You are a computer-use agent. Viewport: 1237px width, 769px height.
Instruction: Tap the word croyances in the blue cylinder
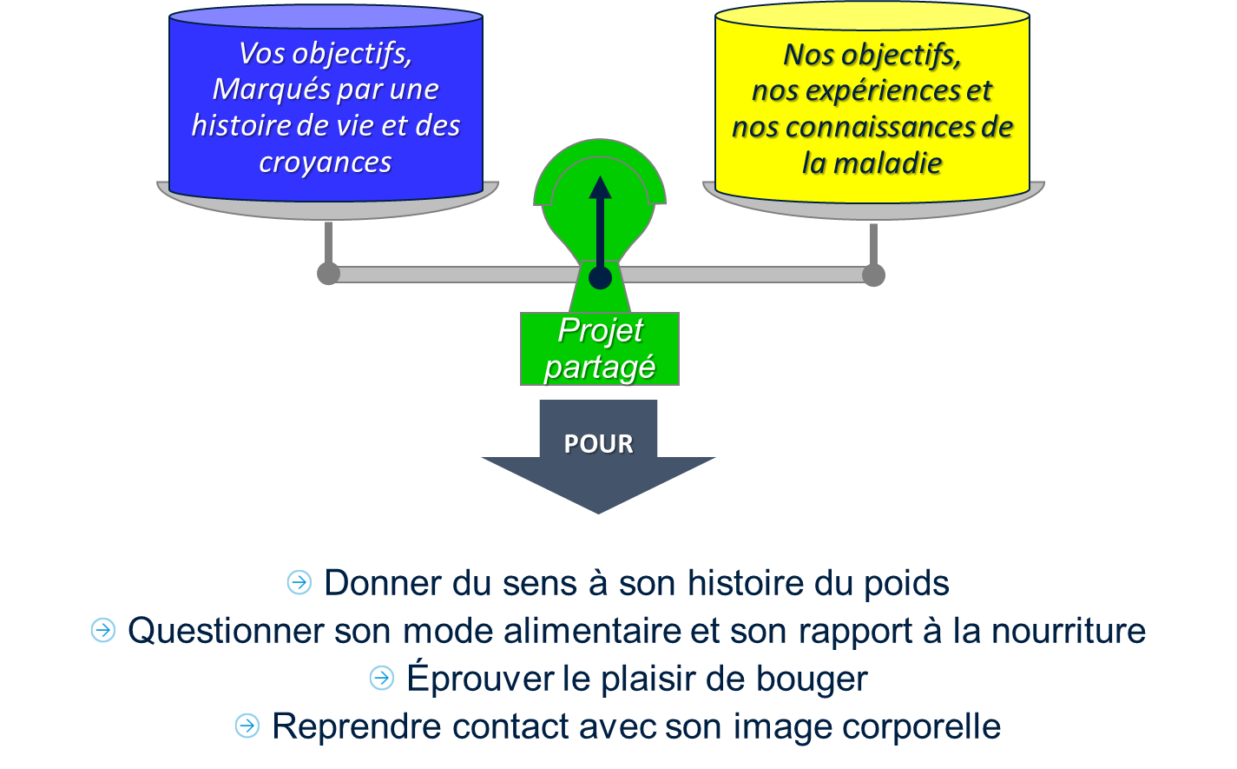[326, 162]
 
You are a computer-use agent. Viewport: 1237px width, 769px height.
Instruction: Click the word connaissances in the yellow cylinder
[893, 127]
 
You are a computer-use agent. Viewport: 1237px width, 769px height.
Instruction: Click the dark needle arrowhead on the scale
[600, 188]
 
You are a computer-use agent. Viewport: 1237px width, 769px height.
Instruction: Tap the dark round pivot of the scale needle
[600, 278]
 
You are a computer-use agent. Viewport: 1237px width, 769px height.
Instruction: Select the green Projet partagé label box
[600, 348]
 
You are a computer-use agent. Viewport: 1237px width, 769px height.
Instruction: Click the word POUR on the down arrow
[598, 444]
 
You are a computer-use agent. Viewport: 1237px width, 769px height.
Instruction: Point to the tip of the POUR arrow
[598, 511]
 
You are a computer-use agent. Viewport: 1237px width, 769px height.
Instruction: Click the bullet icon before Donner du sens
[299, 582]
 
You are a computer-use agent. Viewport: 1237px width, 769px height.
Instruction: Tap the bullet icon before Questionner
[102, 630]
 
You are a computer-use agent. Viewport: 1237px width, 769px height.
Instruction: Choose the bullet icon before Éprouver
[381, 678]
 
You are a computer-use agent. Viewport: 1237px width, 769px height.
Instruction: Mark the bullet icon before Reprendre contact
[247, 726]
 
